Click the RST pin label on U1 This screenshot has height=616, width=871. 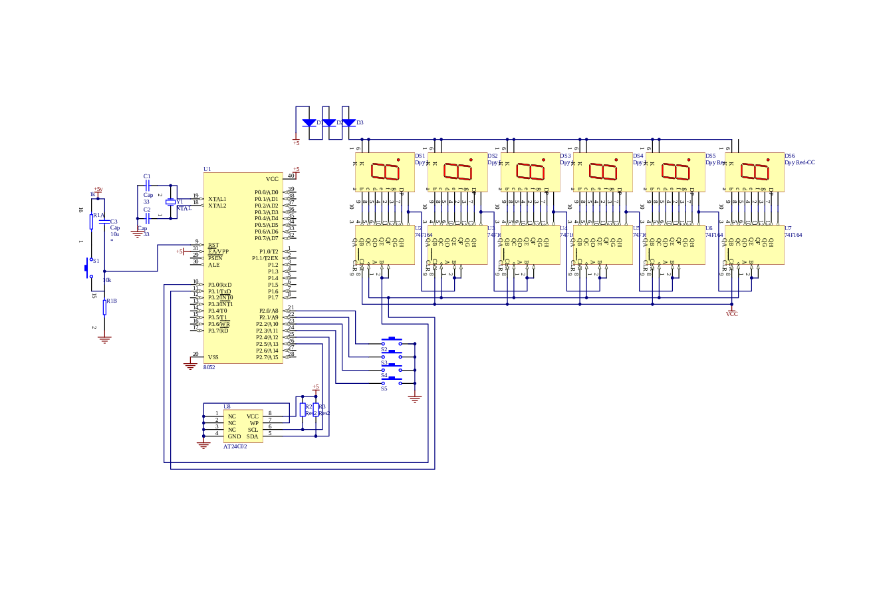click(213, 245)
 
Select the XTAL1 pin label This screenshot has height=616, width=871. click(217, 199)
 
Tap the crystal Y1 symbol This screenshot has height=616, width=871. click(170, 202)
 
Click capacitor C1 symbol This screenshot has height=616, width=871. click(148, 186)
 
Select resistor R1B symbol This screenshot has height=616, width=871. click(104, 306)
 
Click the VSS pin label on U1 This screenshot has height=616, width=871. click(213, 357)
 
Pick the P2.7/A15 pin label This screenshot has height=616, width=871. click(267, 357)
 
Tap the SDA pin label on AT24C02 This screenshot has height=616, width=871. click(253, 436)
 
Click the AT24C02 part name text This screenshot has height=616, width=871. click(235, 446)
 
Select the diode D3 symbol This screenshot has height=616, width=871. click(348, 123)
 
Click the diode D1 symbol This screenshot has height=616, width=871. click(309, 123)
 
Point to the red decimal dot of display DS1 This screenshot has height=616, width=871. click(398, 160)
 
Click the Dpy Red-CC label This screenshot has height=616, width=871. click(800, 162)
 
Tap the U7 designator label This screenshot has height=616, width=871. click(788, 228)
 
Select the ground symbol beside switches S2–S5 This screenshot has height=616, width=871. click(415, 398)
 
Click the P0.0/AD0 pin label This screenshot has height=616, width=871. click(267, 192)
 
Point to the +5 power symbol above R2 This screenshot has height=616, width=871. click(316, 387)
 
